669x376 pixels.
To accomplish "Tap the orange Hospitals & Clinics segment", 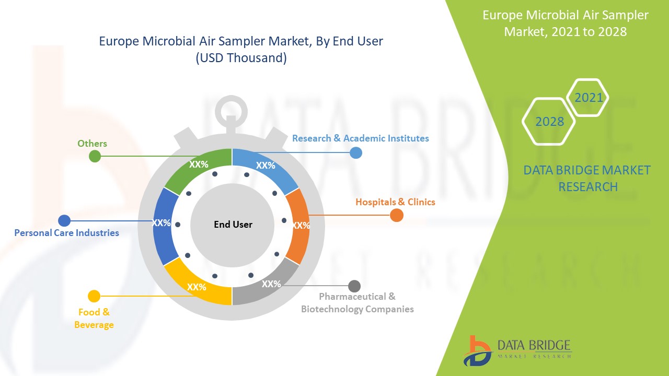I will point(298,226).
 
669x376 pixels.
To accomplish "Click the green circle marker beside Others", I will point(95,156).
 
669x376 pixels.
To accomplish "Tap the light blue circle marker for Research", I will point(355,152).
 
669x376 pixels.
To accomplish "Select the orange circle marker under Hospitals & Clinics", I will point(397,215).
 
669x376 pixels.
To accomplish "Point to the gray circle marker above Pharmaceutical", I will point(354,286).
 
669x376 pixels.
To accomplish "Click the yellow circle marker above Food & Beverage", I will point(94,296).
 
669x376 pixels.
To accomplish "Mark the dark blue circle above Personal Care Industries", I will point(64,220).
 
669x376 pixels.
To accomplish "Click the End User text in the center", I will point(233,225).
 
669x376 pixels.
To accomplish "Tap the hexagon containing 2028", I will point(549,121).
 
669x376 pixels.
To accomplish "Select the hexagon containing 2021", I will point(589,97).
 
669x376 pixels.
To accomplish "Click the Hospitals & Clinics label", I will point(395,202).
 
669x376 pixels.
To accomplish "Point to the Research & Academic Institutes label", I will point(360,138).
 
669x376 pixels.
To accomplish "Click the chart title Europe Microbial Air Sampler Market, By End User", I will point(241,41).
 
